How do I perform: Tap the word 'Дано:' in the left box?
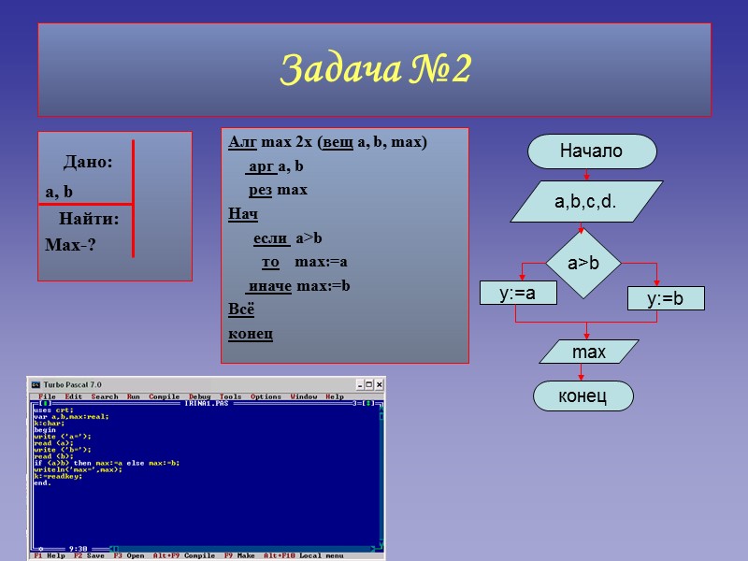(x=88, y=163)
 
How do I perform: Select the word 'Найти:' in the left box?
(x=89, y=221)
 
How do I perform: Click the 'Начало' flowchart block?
(x=591, y=151)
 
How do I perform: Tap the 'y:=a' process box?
(x=517, y=293)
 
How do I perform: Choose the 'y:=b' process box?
(x=665, y=299)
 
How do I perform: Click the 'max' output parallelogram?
(x=589, y=352)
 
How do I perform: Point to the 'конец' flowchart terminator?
(x=583, y=396)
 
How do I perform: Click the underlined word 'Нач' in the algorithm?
(x=243, y=214)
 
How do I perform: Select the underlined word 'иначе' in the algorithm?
(x=269, y=285)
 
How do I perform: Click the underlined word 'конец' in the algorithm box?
(x=251, y=333)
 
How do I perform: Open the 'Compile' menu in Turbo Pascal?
(x=164, y=396)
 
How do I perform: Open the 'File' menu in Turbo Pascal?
(x=47, y=396)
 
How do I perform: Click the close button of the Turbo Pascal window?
(x=378, y=384)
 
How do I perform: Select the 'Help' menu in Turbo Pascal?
(x=334, y=396)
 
